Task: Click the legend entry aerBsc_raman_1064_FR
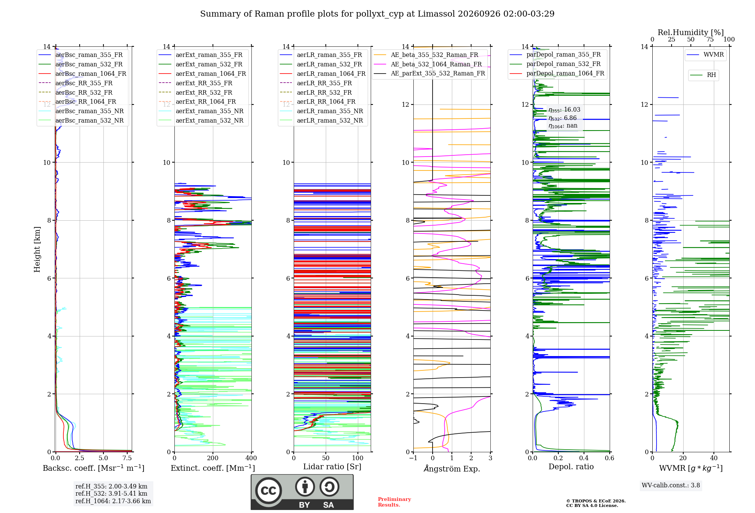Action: (x=82, y=74)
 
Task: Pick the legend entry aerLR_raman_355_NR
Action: (x=322, y=111)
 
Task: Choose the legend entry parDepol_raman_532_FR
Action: (x=555, y=64)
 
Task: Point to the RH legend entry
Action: (x=703, y=75)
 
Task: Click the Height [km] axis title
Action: (x=37, y=249)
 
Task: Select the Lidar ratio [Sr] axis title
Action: (x=332, y=467)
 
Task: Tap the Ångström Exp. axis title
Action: (x=452, y=468)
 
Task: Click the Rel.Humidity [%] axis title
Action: (x=691, y=32)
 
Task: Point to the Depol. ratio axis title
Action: (x=571, y=467)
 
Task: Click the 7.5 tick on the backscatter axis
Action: (x=127, y=458)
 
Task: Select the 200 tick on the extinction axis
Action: (x=213, y=458)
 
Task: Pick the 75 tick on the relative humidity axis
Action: (x=710, y=39)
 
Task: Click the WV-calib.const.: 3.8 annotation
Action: (x=671, y=485)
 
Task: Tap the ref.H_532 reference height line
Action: (x=111, y=493)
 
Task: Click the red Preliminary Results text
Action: (x=394, y=502)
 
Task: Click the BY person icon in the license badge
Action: (x=305, y=487)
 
